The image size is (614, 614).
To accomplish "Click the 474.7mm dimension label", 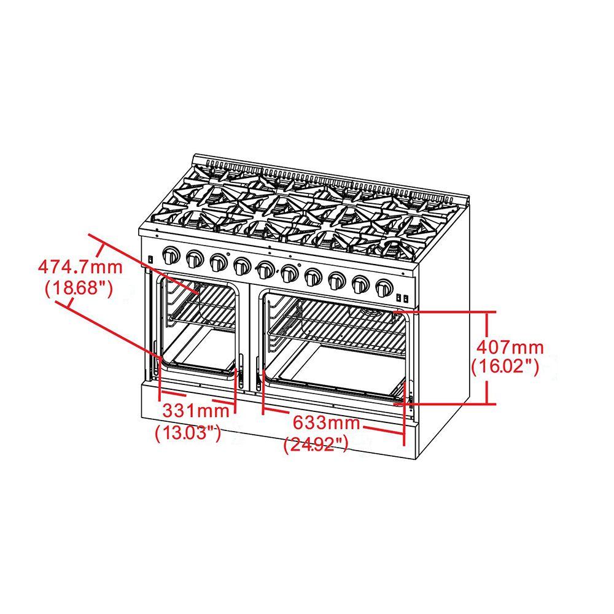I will [x=80, y=267].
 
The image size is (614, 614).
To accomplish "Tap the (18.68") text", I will [x=79, y=288].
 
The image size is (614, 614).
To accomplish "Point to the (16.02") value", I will [x=505, y=367].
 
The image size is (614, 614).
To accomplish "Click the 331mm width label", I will [x=195, y=409].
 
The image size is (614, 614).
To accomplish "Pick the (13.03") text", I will [x=188, y=432].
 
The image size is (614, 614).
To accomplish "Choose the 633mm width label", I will [x=325, y=422].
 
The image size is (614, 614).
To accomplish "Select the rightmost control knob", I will [x=384, y=286].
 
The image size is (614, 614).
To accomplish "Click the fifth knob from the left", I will [x=266, y=269].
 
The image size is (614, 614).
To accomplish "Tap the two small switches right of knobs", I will [x=402, y=298].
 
